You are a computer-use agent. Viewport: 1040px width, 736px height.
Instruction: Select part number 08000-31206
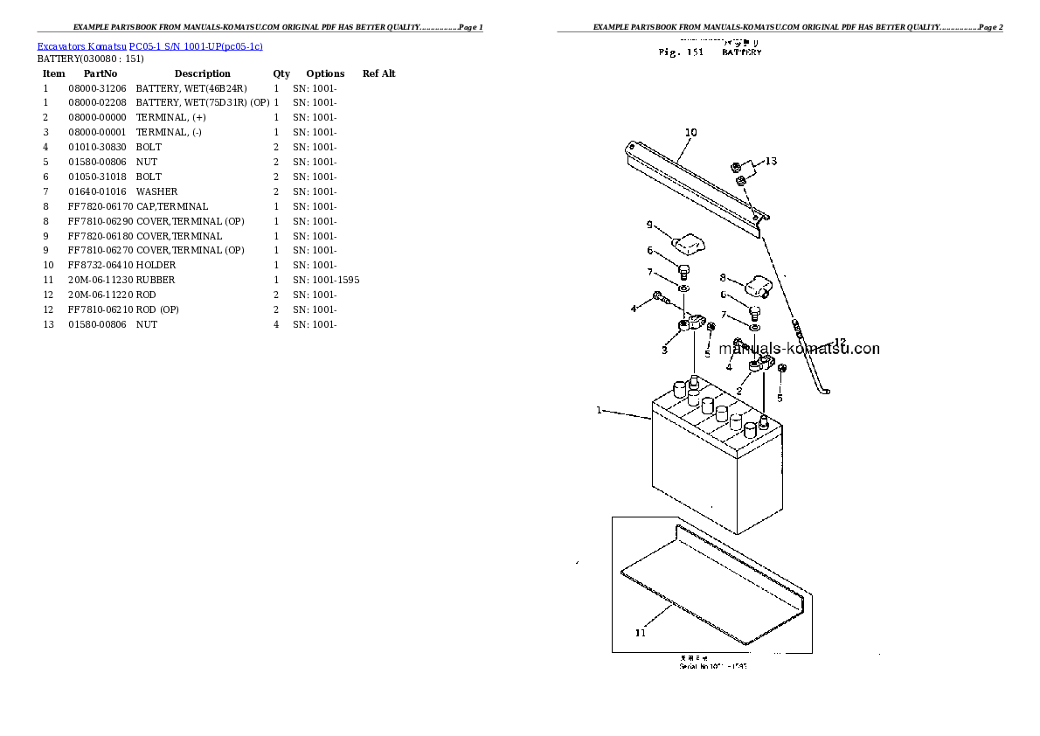[x=97, y=88]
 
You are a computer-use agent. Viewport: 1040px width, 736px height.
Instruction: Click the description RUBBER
[x=156, y=280]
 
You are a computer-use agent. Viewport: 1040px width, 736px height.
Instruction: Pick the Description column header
[x=202, y=73]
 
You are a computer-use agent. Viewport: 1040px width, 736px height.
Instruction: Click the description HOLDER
[x=156, y=265]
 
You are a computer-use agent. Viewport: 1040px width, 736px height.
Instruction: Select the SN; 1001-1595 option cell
[x=326, y=280]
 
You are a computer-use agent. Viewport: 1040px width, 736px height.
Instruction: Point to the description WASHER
[x=157, y=191]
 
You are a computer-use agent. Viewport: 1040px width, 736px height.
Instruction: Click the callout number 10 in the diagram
[x=690, y=133]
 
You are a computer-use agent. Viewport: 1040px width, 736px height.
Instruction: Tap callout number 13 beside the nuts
[x=771, y=161]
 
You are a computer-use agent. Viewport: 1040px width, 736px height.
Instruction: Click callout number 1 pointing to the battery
[x=600, y=409]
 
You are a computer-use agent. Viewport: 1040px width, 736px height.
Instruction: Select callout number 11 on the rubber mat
[x=641, y=633]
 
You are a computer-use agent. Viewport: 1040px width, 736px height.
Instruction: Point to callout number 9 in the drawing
[x=649, y=225]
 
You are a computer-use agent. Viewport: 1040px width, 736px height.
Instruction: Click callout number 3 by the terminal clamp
[x=664, y=351]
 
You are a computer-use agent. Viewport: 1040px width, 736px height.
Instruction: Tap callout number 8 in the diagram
[x=723, y=277]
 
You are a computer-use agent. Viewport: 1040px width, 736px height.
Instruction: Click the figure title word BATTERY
[x=741, y=52]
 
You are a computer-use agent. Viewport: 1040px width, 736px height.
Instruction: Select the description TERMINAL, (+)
[x=171, y=117]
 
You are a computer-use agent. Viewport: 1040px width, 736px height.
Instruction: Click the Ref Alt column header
[x=378, y=73]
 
